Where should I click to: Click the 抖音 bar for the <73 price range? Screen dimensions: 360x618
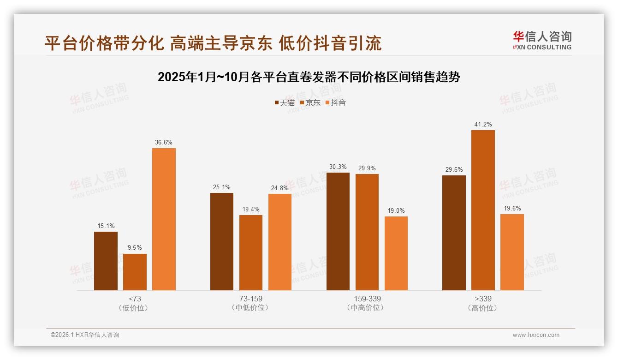tap(164, 219)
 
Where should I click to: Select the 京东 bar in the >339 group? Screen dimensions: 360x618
tap(483, 210)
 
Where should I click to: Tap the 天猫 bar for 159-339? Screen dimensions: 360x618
tap(338, 231)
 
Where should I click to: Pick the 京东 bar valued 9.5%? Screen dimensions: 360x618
tap(135, 272)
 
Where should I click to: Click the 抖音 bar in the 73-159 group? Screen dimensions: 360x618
tap(280, 242)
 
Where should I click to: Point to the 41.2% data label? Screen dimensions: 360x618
tap(483, 125)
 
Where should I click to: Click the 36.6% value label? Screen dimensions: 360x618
tap(164, 143)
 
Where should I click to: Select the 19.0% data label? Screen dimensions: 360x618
tap(396, 211)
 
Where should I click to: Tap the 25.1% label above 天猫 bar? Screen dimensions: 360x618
tap(222, 187)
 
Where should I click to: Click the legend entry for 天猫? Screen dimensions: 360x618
tap(285, 103)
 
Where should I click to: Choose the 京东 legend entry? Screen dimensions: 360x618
tap(310, 103)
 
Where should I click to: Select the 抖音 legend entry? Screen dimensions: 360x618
tap(336, 103)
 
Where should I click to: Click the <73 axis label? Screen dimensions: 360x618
tap(135, 299)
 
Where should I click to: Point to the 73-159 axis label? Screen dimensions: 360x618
tap(251, 299)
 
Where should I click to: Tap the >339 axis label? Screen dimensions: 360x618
tap(483, 299)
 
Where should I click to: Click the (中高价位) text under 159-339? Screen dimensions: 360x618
tap(367, 308)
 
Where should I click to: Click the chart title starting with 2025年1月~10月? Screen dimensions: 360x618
tap(309, 77)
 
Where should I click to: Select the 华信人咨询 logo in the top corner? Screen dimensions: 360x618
tap(542, 41)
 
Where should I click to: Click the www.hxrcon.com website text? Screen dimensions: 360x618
tap(536, 335)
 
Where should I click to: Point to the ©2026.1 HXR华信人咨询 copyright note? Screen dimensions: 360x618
tap(85, 335)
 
